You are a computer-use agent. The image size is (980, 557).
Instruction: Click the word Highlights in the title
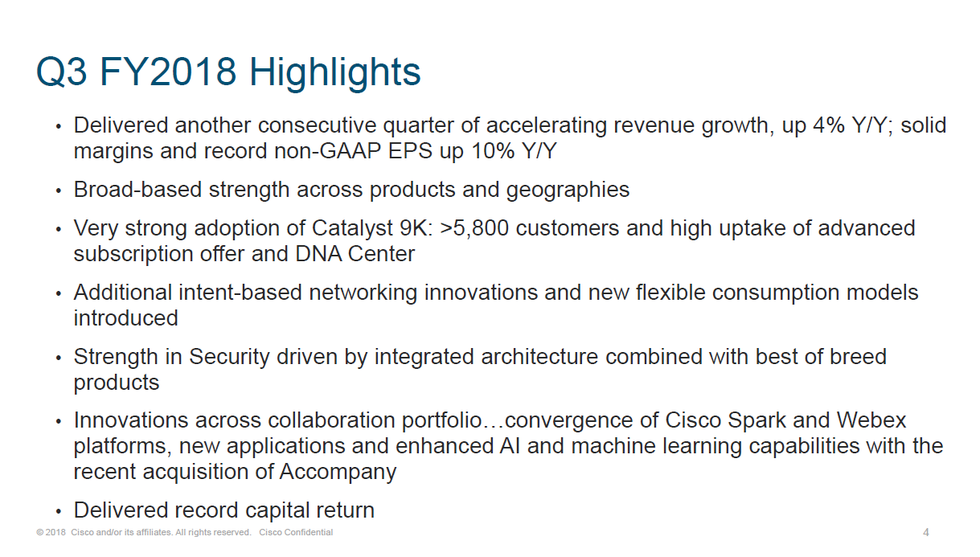(x=334, y=72)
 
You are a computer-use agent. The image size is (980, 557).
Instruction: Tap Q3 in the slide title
(x=62, y=72)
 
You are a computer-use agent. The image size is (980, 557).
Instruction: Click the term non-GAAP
(x=328, y=151)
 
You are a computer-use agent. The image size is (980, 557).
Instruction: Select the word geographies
(x=568, y=190)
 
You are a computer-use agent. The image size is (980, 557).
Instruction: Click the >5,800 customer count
(x=474, y=229)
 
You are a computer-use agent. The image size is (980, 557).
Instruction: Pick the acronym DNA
(x=318, y=254)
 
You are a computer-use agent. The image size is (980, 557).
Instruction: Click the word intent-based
(x=240, y=293)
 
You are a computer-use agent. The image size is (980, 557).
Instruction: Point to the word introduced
(x=126, y=318)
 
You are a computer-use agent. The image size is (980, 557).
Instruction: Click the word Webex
(x=871, y=420)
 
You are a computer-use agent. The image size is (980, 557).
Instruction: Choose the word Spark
(x=757, y=421)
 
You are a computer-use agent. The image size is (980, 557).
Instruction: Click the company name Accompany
(x=338, y=473)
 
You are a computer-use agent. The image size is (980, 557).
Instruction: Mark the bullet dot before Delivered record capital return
(x=59, y=511)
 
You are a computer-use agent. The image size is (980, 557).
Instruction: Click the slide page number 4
(x=926, y=532)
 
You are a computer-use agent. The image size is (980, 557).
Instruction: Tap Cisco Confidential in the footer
(x=296, y=532)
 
